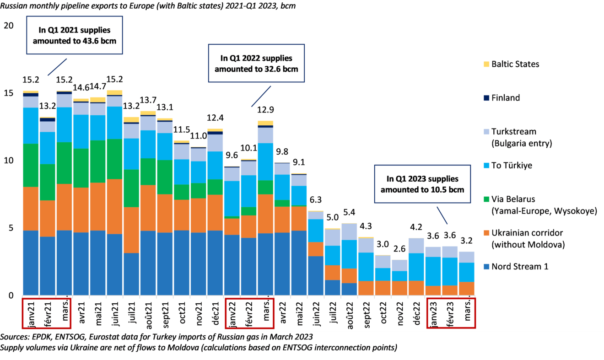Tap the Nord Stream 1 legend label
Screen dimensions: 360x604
click(x=520, y=266)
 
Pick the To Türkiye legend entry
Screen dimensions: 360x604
click(x=512, y=165)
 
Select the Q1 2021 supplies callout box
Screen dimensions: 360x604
click(x=75, y=35)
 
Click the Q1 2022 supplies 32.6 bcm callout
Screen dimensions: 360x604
click(x=256, y=64)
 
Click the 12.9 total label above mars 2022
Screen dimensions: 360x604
click(x=265, y=110)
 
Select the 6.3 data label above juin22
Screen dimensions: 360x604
click(x=316, y=199)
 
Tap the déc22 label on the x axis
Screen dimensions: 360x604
click(x=416, y=312)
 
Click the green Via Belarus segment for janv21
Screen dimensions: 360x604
click(x=30, y=165)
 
